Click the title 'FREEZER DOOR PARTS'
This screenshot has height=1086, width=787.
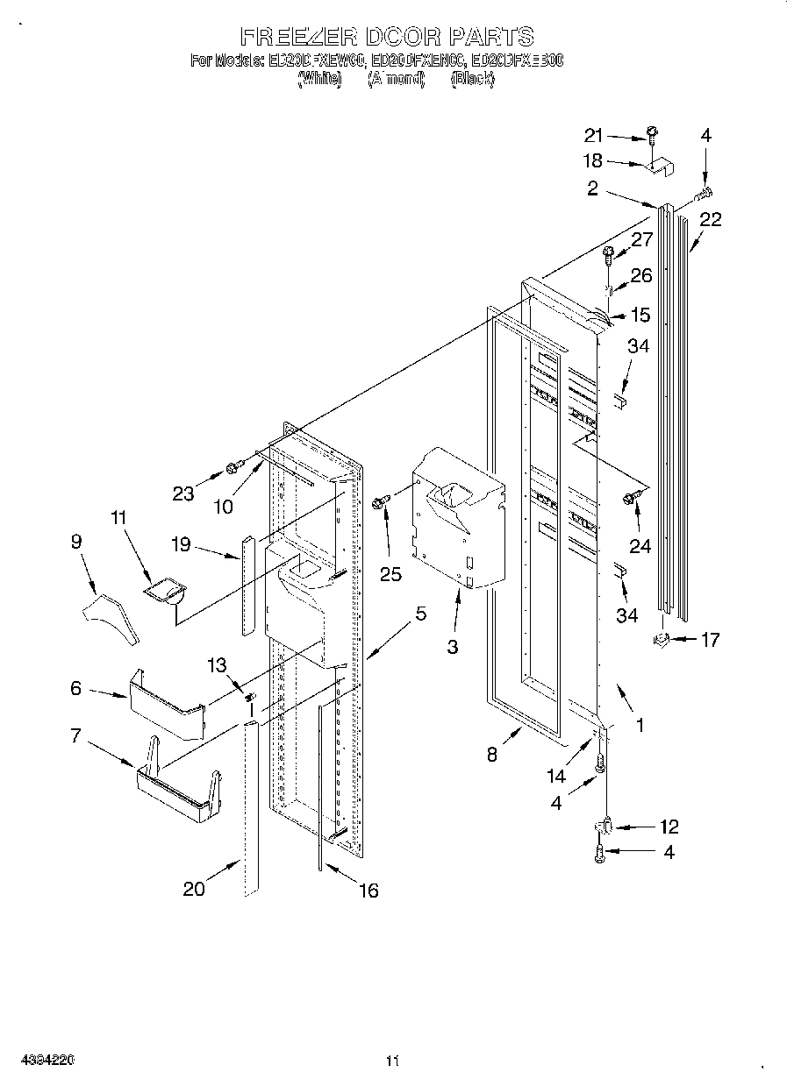pyautogui.click(x=387, y=36)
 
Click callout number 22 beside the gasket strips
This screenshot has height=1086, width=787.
pyautogui.click(x=710, y=220)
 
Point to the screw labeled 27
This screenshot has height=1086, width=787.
pyautogui.click(x=610, y=256)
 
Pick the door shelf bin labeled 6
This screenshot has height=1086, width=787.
pyautogui.click(x=167, y=705)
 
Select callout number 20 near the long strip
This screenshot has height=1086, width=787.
pyautogui.click(x=194, y=888)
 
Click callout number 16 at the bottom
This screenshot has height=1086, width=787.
pyautogui.click(x=368, y=891)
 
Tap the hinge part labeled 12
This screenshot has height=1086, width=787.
pyautogui.click(x=605, y=827)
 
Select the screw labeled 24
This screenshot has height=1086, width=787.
pyautogui.click(x=629, y=499)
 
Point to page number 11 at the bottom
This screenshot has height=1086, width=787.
pyautogui.click(x=392, y=1061)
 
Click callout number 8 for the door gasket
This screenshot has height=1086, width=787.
pyautogui.click(x=492, y=753)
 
